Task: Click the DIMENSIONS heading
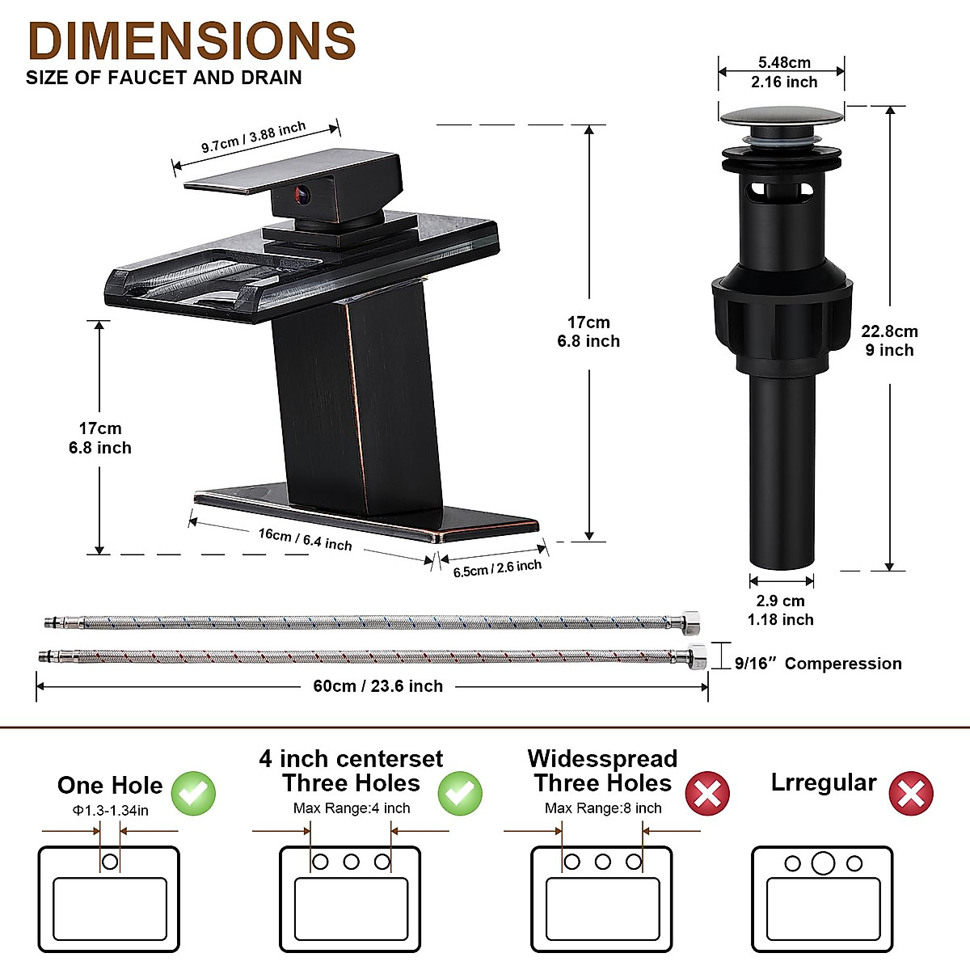(192, 40)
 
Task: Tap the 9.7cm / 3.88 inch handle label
(254, 137)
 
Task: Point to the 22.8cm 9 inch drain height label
(889, 340)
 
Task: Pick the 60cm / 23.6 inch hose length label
(377, 686)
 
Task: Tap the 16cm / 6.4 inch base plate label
(306, 539)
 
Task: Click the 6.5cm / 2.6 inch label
(497, 567)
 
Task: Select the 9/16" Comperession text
(818, 664)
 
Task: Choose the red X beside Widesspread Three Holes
(707, 794)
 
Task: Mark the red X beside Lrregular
(911, 794)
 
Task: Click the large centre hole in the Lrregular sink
(823, 863)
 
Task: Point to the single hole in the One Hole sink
(110, 862)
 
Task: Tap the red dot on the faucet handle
(302, 194)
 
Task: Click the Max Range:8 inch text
(603, 808)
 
